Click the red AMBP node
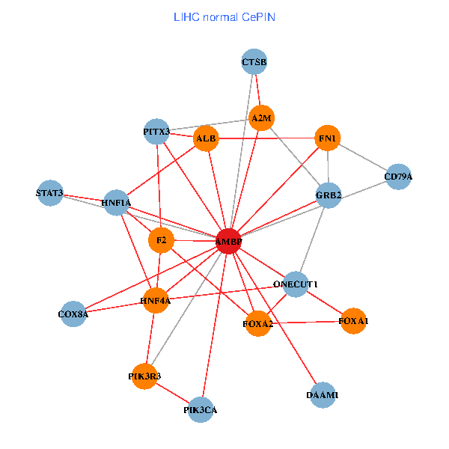click(x=228, y=242)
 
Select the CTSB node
click(x=254, y=61)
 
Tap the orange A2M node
click(x=262, y=117)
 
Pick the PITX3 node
click(x=156, y=132)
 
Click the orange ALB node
click(x=206, y=138)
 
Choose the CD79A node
click(x=398, y=177)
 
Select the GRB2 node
click(x=329, y=195)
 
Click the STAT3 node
click(x=49, y=193)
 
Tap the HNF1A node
click(x=116, y=202)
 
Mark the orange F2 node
click(x=161, y=241)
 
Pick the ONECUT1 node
click(x=296, y=284)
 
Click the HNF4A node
click(x=156, y=301)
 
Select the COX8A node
click(x=73, y=314)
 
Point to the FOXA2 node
click(x=258, y=323)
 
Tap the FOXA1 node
click(x=353, y=320)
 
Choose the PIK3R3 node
click(x=144, y=376)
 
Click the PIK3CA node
click(x=201, y=409)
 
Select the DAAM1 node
click(x=323, y=394)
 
